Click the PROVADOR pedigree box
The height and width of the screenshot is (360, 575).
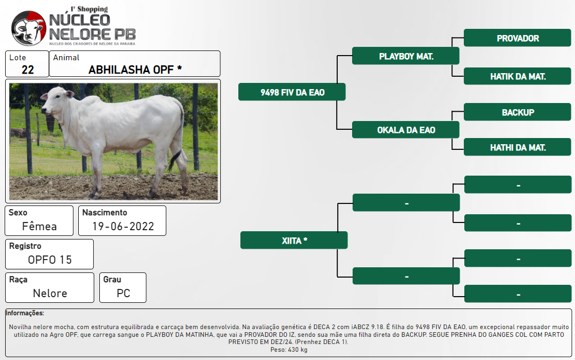[x=517, y=38]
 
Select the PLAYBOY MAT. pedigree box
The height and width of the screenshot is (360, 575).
[x=406, y=56]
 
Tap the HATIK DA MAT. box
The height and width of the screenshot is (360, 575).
[x=517, y=76]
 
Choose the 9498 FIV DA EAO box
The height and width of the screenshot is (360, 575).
[x=292, y=92]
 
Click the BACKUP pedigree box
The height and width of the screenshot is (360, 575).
[x=517, y=112]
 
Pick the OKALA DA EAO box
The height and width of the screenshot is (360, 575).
[x=406, y=130]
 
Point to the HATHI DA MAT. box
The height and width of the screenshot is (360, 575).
[x=517, y=147]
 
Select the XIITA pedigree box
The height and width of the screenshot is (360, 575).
[x=294, y=241]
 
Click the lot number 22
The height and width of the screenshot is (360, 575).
[x=27, y=70]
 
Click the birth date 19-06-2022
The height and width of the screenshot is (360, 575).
[x=123, y=227]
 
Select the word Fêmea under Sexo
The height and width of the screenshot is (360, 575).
[x=39, y=226]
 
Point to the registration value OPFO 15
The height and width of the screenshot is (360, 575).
[x=50, y=260]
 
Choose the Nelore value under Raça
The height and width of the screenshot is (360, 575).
[x=50, y=293]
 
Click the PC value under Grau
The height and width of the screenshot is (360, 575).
[x=123, y=293]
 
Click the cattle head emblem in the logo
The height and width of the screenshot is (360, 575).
[x=29, y=28]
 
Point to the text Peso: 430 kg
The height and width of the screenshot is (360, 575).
[x=289, y=350]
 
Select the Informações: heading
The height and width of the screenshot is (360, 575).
[x=25, y=313]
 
